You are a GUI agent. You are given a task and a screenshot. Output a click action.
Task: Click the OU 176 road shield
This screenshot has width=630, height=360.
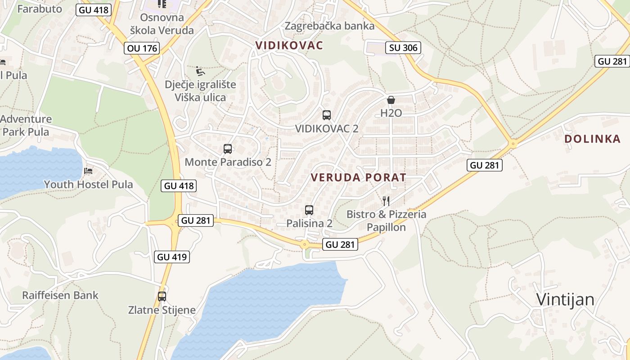click(x=142, y=48)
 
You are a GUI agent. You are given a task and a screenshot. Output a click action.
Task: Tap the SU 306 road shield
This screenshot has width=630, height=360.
click(x=403, y=47)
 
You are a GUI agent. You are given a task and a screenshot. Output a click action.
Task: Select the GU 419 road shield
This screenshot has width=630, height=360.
click(x=171, y=257)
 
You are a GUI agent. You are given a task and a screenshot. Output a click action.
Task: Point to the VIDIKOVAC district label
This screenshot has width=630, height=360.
click(x=289, y=45)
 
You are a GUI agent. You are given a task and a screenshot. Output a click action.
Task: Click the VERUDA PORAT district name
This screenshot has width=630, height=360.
click(x=358, y=178)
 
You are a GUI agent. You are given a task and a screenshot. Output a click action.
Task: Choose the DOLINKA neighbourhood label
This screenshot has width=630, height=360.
click(x=592, y=139)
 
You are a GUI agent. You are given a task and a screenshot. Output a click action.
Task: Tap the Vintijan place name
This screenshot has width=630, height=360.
click(x=565, y=300)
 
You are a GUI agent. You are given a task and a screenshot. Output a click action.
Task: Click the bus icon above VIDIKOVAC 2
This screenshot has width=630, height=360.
click(x=327, y=115)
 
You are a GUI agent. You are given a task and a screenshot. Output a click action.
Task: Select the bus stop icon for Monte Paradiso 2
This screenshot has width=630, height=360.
click(x=228, y=148)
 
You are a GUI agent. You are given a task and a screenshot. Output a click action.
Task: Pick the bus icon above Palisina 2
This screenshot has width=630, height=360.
click(x=309, y=210)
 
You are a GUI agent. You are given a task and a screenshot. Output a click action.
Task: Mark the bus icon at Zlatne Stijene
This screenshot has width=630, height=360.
click(x=162, y=297)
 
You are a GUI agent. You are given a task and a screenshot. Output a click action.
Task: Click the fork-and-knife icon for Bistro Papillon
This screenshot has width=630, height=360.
click(x=386, y=201)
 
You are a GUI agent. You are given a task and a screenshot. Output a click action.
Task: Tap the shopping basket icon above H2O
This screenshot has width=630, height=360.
click(x=391, y=100)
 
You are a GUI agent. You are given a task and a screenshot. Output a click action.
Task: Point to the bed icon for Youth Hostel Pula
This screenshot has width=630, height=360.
click(x=88, y=171)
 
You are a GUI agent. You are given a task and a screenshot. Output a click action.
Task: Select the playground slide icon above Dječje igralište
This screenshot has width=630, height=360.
click(x=200, y=71)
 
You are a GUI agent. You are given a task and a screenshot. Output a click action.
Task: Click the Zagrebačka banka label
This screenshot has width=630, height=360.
click(x=329, y=26)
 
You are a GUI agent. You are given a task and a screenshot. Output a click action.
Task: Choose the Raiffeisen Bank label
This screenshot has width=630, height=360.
click(x=60, y=296)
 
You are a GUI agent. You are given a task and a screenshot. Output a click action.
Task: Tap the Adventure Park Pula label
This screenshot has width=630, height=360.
click(x=26, y=126)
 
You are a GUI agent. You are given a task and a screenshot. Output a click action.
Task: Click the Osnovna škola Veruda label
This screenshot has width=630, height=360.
click(x=162, y=24)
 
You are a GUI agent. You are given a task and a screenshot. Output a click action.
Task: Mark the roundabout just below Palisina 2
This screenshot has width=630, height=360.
click(x=305, y=244)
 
